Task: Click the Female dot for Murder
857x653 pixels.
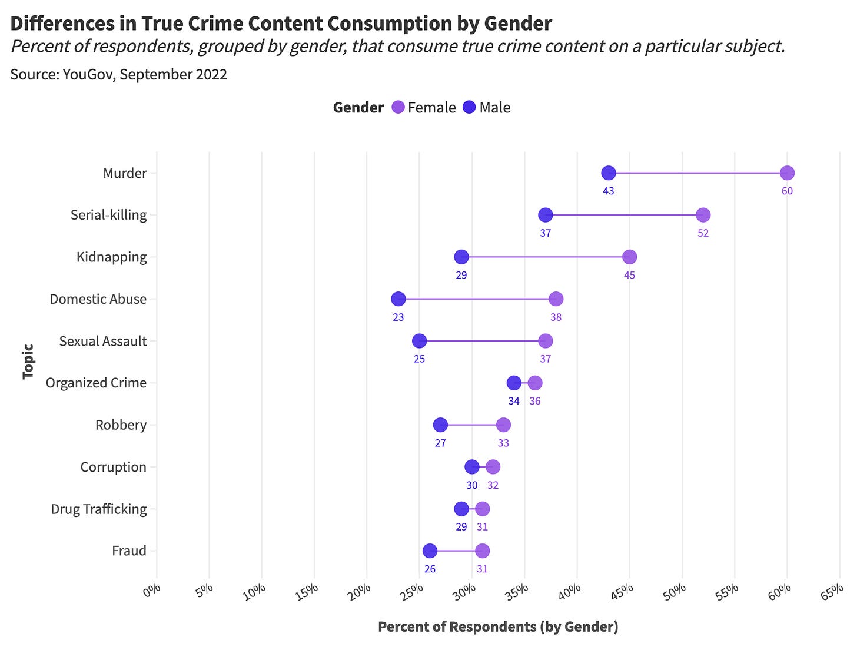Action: coord(787,173)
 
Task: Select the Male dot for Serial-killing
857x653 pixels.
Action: coord(546,215)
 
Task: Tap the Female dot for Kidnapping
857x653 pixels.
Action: coord(629,257)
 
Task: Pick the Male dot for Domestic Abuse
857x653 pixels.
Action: coord(398,299)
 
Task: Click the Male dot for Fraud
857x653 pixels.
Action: coord(430,551)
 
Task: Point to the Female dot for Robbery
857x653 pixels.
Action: coord(503,425)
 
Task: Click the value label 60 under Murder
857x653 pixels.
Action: coord(787,191)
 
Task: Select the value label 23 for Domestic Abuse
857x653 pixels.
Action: coord(398,317)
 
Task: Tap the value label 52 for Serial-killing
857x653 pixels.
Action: coord(703,233)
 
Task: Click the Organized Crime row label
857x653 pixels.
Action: coord(96,383)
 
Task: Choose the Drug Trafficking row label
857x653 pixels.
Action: coord(98,509)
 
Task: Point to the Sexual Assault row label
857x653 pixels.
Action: coord(102,341)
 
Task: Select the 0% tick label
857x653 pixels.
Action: coord(151,591)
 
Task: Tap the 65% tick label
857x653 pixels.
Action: coord(832,591)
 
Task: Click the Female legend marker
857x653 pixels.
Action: coord(398,107)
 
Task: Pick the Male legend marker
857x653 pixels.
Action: coord(469,107)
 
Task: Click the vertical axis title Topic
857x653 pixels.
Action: coord(28,362)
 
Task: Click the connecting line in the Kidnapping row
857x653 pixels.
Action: coord(545,257)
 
